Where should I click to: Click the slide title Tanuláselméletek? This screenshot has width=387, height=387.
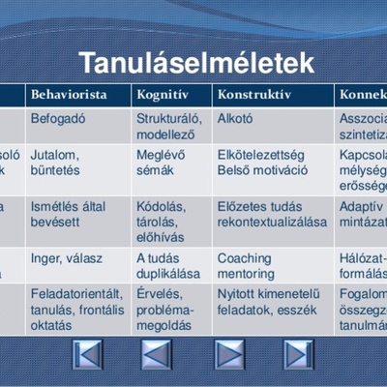coord(196,63)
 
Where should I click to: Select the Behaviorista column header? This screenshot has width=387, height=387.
coord(66,96)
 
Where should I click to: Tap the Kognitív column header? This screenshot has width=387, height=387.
coord(160,96)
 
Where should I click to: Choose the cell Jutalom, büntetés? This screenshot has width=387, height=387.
coord(56,163)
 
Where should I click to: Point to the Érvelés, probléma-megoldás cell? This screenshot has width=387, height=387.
coord(165,309)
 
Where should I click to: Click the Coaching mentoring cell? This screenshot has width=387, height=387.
coord(246,265)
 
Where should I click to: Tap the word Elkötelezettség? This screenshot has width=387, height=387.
coord(261,155)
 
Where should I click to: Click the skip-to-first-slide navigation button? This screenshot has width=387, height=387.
coord(88,354)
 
